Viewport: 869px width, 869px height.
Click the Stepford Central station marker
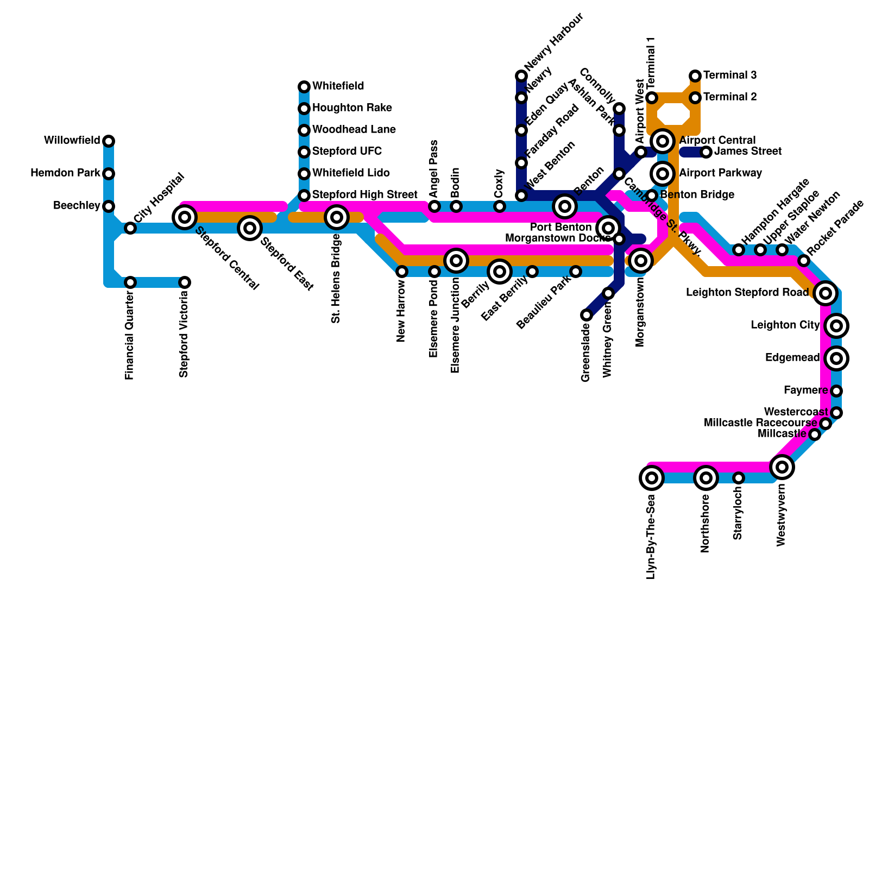185,217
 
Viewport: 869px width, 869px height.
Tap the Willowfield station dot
109,141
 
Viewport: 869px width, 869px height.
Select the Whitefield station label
338,86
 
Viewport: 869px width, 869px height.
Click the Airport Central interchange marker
663,141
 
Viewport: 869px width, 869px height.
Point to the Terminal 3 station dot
695,76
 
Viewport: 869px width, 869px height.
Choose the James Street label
748,152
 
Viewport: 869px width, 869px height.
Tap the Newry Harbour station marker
521,76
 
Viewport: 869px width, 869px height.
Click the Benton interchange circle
565,206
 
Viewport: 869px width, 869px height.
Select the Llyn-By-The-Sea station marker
652,478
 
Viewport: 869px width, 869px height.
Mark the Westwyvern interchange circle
782,467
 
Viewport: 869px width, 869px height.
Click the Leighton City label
785,325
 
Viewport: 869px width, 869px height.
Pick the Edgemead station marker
836,358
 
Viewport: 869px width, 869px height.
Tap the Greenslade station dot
587,315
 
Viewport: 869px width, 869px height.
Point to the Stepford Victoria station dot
185,282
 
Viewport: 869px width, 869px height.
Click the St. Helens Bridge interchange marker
337,217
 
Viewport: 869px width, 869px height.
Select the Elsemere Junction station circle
456,261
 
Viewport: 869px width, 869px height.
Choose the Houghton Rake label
352,108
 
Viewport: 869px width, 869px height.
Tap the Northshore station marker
706,478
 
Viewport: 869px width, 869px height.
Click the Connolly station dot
619,109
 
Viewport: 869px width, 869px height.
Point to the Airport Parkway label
720,173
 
